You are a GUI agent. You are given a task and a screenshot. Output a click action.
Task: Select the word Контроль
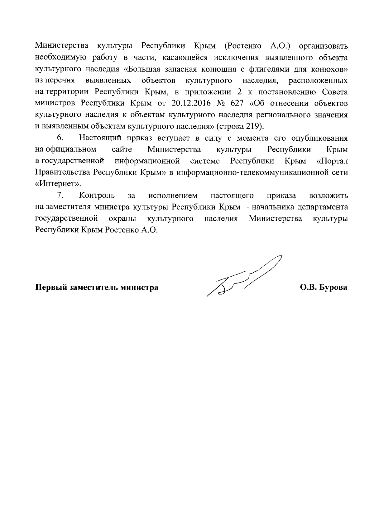[97, 195]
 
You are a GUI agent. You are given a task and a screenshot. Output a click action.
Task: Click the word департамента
[323, 207]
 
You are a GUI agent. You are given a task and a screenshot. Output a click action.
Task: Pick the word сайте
[122, 149]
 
